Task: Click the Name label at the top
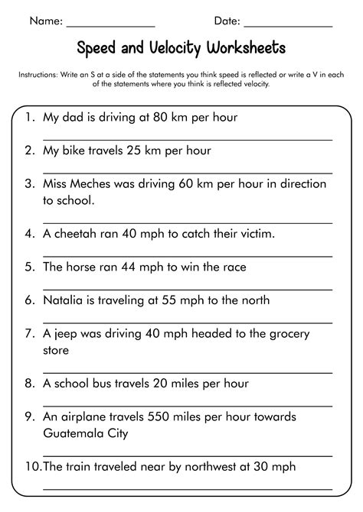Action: pos(44,21)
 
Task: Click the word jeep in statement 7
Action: pos(67,334)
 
